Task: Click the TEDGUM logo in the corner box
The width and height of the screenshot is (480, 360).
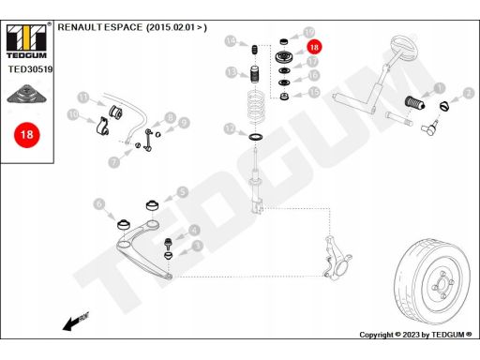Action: pos(26,41)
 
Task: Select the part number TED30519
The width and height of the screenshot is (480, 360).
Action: pos(30,69)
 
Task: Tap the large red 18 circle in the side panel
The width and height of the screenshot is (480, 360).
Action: pos(27,135)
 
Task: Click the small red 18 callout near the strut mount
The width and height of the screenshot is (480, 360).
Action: pos(314,47)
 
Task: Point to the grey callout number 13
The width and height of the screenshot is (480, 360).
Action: pos(232,72)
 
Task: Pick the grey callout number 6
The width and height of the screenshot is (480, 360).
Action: pos(99,204)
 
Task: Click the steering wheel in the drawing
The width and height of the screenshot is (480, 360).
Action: pos(403,49)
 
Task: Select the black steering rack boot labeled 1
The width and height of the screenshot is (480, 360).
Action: pos(414,102)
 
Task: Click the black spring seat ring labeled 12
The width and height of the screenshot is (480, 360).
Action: pos(256,137)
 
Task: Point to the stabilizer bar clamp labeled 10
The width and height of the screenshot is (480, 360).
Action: pos(102,127)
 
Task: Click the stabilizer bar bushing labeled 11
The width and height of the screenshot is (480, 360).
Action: pos(115,112)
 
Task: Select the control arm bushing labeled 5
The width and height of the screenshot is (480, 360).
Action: pos(153,205)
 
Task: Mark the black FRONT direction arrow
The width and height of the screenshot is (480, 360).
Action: pos(76,322)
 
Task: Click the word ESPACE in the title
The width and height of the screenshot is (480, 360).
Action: pos(123,27)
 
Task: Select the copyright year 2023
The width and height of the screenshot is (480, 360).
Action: pos(412,335)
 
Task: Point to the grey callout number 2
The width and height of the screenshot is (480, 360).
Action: pos(468,93)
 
